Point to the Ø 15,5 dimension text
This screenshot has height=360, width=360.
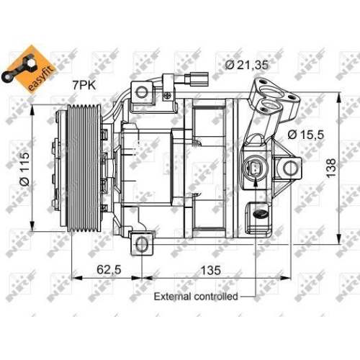305,134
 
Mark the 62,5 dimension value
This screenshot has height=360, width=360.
109,270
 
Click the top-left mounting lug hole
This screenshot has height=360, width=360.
142,91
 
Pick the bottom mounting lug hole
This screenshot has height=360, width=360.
143,246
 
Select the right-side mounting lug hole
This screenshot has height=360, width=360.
292,168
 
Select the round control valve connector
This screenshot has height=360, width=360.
256,169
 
